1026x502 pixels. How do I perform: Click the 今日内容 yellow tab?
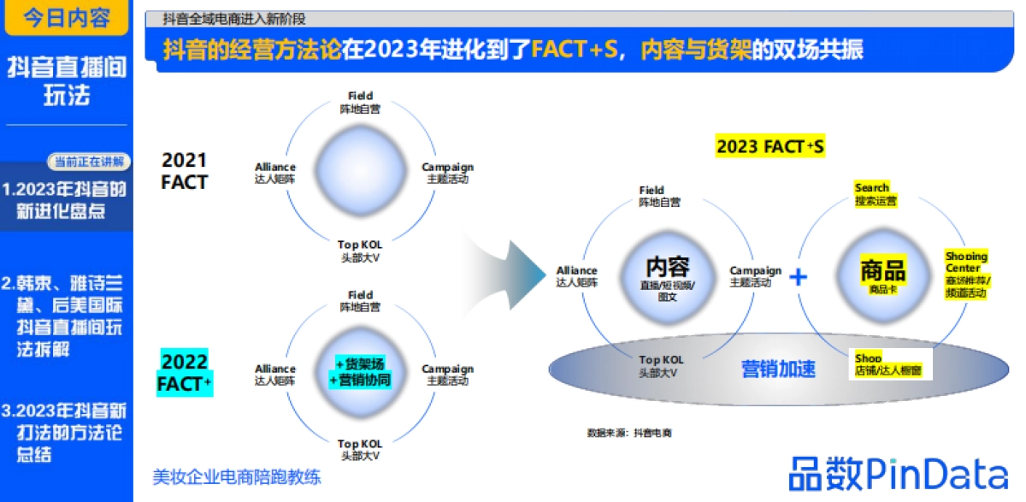click(x=66, y=18)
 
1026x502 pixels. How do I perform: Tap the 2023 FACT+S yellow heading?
click(x=769, y=146)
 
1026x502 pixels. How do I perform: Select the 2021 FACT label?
click(x=185, y=170)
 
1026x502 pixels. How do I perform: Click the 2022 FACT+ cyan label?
click(x=185, y=372)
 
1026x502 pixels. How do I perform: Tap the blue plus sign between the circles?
click(x=798, y=276)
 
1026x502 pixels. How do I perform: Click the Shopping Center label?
click(x=967, y=274)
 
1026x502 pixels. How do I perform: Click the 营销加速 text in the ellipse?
click(x=778, y=369)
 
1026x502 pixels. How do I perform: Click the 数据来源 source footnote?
click(x=629, y=433)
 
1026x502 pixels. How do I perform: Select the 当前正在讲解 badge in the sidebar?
click(x=88, y=161)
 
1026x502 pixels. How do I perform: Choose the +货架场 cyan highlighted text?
click(x=360, y=364)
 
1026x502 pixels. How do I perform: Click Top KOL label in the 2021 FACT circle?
click(x=359, y=251)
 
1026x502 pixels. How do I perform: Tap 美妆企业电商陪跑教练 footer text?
click(x=236, y=477)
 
